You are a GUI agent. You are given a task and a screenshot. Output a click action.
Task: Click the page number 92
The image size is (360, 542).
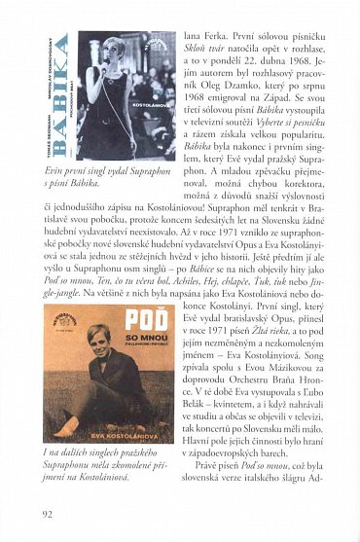(49, 514)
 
